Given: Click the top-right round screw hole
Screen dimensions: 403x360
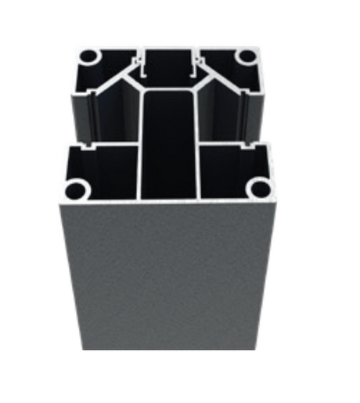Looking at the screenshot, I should [247, 56].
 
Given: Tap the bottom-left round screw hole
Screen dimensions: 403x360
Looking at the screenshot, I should [76, 188].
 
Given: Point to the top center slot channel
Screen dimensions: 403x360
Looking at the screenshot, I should [168, 63].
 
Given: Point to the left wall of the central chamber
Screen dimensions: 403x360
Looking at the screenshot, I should [140, 141].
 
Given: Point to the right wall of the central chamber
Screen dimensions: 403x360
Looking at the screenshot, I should [196, 141].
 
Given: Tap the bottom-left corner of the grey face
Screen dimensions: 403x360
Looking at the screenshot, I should [81, 349].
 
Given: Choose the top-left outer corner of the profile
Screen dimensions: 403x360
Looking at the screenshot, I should [77, 49].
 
